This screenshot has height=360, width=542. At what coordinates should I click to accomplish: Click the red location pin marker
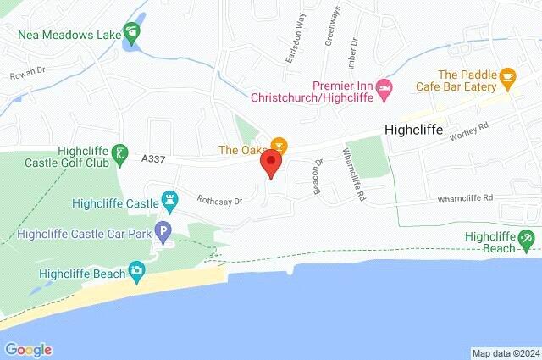(272, 163)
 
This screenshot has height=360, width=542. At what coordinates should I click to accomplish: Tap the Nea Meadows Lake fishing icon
(132, 35)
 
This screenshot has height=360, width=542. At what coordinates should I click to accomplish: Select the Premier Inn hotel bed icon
(384, 87)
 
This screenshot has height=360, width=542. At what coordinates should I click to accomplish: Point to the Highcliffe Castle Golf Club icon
(120, 154)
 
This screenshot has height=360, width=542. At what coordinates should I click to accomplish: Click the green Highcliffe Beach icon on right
(526, 239)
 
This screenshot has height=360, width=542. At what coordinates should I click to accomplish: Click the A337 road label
(153, 158)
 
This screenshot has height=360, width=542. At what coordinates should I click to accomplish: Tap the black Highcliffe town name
(414, 130)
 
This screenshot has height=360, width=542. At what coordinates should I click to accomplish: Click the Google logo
(28, 350)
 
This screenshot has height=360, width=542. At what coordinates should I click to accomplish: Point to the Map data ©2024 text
(505, 352)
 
